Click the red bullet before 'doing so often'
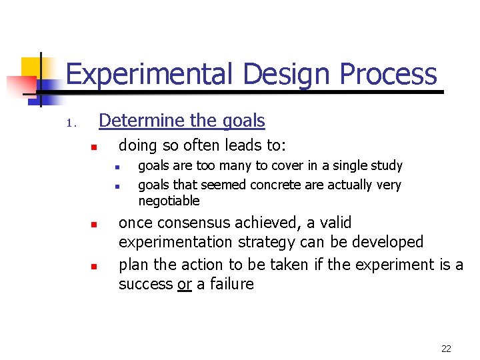coord(94,147)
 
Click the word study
coord(387,165)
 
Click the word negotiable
coord(169,201)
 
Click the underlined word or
coord(185,284)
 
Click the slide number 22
coord(446,349)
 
